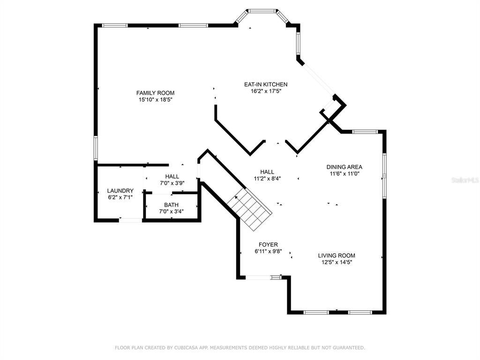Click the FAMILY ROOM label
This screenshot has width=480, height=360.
click(155, 93)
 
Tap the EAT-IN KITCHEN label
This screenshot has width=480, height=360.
click(266, 84)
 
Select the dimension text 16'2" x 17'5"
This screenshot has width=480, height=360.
click(266, 91)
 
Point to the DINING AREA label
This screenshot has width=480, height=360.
click(345, 167)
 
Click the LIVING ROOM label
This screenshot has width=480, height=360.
click(337, 255)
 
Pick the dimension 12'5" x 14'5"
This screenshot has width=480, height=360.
click(337, 262)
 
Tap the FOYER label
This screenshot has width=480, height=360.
click(268, 245)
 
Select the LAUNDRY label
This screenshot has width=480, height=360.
click(120, 191)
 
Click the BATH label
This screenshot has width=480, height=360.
click(171, 205)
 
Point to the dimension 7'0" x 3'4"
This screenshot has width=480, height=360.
click(172, 211)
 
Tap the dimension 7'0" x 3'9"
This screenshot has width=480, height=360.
click(172, 183)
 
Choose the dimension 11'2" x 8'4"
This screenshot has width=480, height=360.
click(267, 179)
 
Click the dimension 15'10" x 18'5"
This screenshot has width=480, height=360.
click(156, 99)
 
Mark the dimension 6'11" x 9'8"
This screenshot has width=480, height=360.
click(268, 251)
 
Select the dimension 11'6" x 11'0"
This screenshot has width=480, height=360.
click(345, 173)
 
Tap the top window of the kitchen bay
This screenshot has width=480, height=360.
click(262, 11)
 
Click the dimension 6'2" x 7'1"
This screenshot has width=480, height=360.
click(120, 197)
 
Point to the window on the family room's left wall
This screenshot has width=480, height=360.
click(96, 148)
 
